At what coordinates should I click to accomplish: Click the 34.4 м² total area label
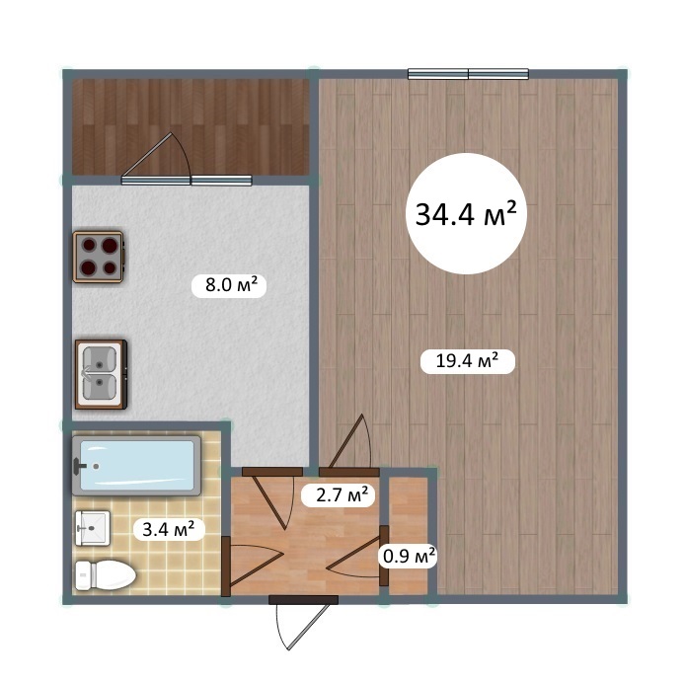click(x=466, y=213)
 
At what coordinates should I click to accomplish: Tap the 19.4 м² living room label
click(x=468, y=361)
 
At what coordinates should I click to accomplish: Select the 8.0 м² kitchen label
click(x=229, y=285)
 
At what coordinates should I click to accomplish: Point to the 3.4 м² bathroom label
click(x=169, y=529)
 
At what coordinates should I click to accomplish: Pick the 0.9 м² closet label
click(x=409, y=556)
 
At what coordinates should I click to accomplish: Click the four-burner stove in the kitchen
click(x=99, y=257)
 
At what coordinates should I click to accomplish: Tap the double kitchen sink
click(x=101, y=374)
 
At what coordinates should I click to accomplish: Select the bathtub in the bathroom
click(x=136, y=466)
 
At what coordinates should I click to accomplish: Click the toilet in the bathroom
click(x=106, y=574)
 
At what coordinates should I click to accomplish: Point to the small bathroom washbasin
click(x=93, y=528)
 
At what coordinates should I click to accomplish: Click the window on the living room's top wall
click(x=468, y=74)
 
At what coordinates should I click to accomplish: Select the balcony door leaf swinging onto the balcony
click(x=146, y=155)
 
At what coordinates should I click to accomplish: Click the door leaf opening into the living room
click(x=345, y=441)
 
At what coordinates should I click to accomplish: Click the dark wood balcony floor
click(x=190, y=126)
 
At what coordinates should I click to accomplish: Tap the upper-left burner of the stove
click(x=89, y=245)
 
